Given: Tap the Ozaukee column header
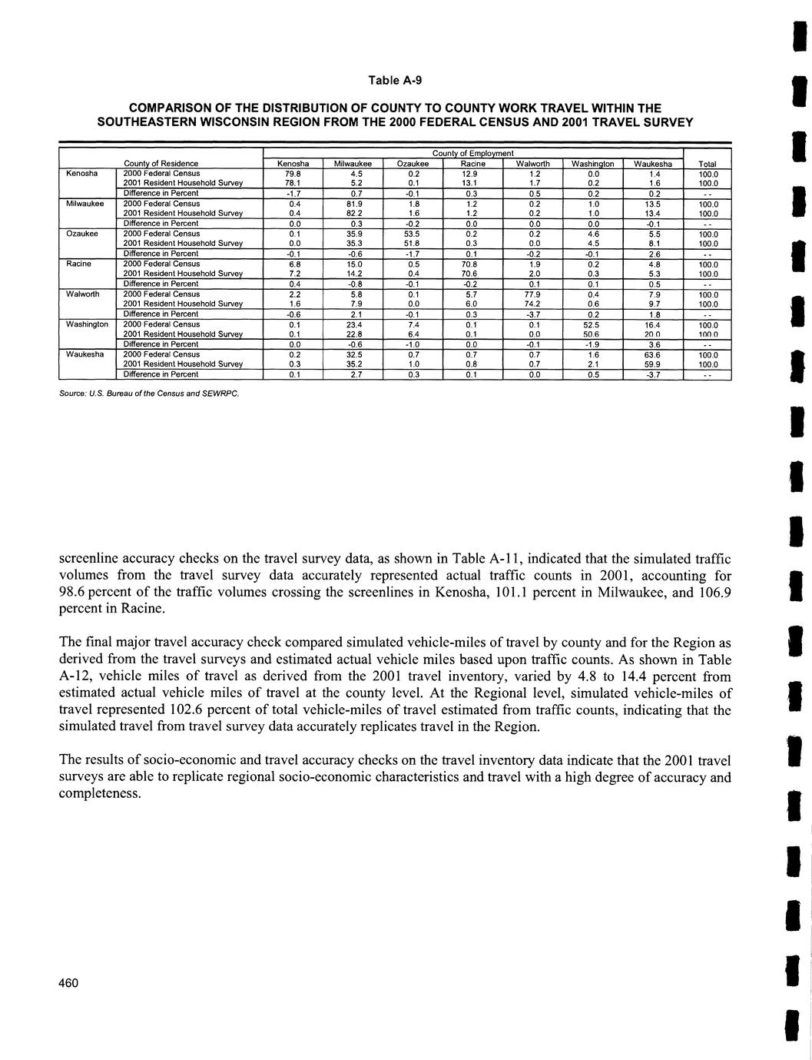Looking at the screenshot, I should pos(412,164).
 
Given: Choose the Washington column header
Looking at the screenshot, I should pos(592,164).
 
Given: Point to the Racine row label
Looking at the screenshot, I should pos(79,264).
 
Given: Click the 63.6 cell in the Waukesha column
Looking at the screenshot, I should pos(653,355).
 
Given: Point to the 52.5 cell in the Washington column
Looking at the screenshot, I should pos(592,324).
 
